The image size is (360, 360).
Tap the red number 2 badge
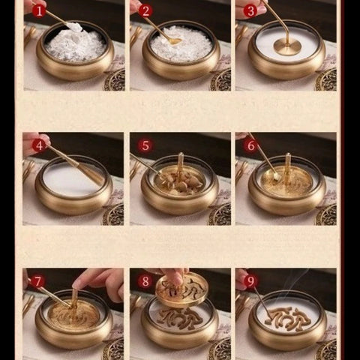click(x=145, y=10)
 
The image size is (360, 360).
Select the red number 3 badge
click(x=250, y=10)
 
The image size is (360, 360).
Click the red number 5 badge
click(x=145, y=145)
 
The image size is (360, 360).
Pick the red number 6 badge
click(x=250, y=145)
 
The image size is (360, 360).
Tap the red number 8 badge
click(x=145, y=281)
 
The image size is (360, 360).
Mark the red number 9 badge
click(x=250, y=281)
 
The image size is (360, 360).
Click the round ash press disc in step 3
click(x=286, y=46)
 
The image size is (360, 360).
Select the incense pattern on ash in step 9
click(x=288, y=316)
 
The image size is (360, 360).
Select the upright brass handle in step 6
click(x=287, y=166)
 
